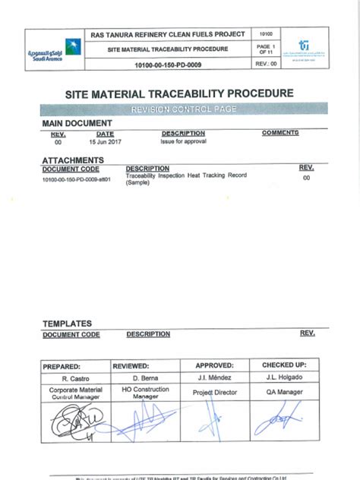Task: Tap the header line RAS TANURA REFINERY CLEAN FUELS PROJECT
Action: click(x=167, y=35)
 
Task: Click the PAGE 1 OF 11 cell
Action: click(x=266, y=49)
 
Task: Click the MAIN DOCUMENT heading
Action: click(x=77, y=123)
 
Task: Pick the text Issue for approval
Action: click(x=179, y=141)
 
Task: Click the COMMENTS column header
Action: click(x=280, y=133)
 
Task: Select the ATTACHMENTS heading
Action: click(x=73, y=160)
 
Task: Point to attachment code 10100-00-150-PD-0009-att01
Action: click(x=76, y=179)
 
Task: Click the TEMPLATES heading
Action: click(x=67, y=324)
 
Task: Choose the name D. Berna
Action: click(x=144, y=377)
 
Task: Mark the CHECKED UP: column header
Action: click(x=284, y=365)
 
